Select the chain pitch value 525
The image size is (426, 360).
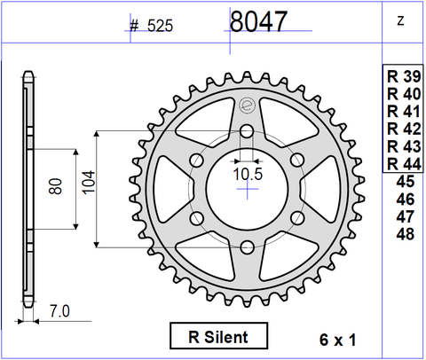pos(159,26)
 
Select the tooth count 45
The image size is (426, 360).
pos(404,182)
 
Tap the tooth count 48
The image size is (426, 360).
pos(404,234)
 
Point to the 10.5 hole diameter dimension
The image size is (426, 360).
pos(248,175)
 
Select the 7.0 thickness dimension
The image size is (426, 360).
pos(59,311)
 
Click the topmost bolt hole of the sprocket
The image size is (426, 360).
pos(247,132)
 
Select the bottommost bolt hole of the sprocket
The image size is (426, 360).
pos(247,247)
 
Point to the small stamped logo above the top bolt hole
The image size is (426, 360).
pos(247,106)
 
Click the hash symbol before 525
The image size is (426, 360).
pos(134,26)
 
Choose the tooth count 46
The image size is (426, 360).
pos(404,200)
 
